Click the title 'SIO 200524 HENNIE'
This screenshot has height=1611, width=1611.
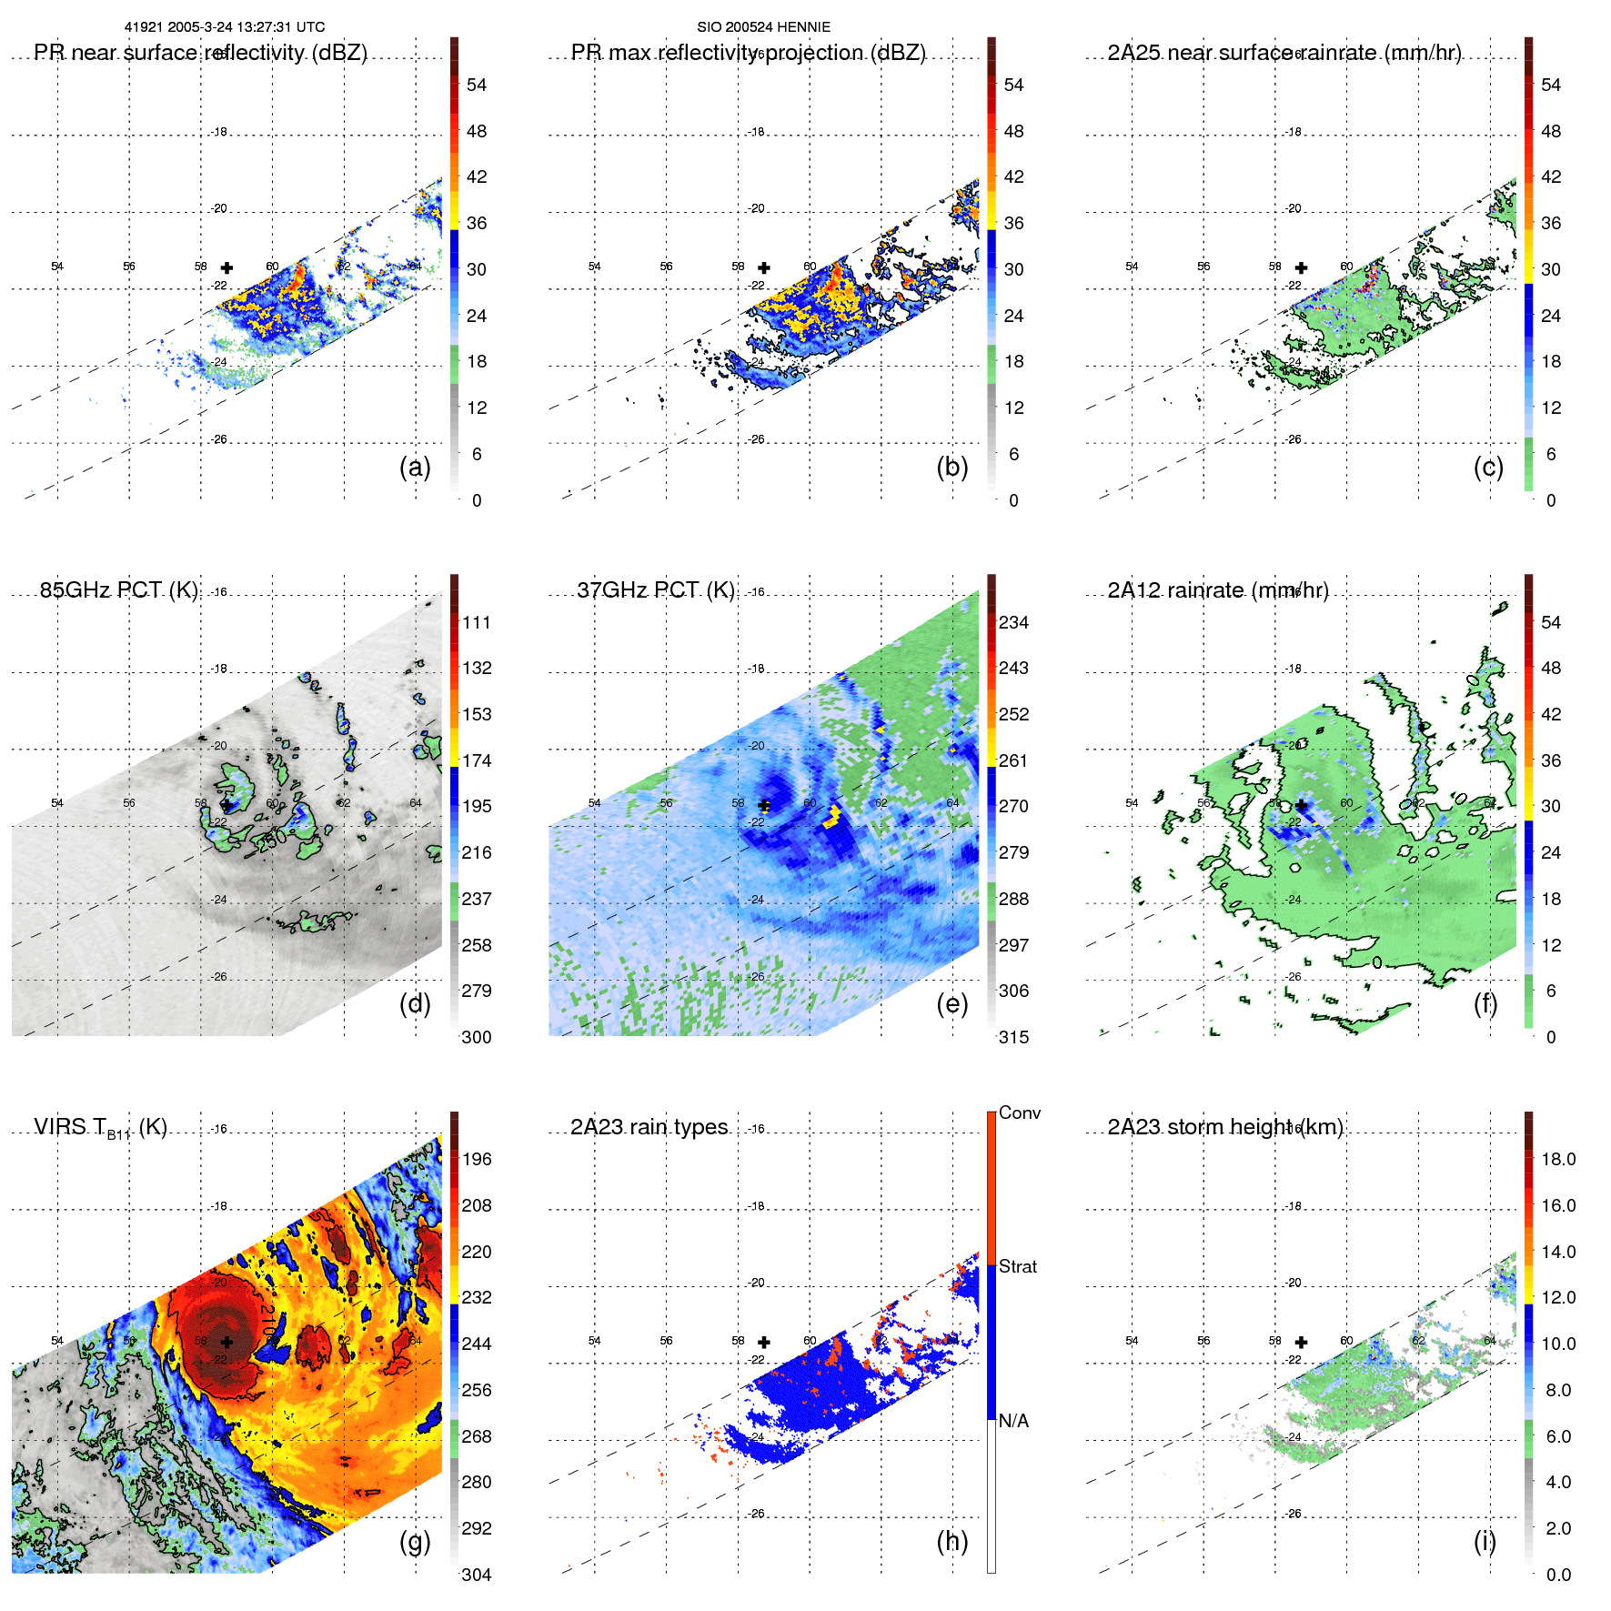pos(763,27)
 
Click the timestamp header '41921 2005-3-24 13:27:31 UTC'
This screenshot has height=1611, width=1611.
pos(224,27)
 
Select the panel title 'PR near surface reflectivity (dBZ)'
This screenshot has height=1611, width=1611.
pos(200,53)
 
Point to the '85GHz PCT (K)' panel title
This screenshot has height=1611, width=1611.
pos(118,590)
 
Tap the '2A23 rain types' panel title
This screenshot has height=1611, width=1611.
pos(649,1127)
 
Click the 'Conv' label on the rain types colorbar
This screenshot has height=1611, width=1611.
pos(1019,1113)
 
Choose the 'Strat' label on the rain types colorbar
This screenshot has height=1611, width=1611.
pos(1017,1266)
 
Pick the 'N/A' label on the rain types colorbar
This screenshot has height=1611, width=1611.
pos(1013,1421)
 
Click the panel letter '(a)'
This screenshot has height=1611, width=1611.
pos(415,467)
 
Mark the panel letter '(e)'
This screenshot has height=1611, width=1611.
pos(951,1003)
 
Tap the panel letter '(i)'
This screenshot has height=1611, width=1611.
pos(1484,1541)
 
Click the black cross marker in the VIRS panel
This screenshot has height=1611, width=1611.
pos(227,1342)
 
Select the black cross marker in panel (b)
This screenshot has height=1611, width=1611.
pos(764,267)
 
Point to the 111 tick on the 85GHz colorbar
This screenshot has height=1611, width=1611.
pos(476,622)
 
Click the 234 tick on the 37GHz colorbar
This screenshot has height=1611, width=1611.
pos(1013,622)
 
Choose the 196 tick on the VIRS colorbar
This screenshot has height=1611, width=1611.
pos(476,1159)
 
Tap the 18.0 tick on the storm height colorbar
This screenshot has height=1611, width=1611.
pos(1557,1159)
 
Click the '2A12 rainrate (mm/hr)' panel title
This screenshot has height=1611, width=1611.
pos(1217,590)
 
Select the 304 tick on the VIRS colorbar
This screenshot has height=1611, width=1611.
pos(476,1575)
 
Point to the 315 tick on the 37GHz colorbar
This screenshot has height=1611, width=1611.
pos(1013,1037)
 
